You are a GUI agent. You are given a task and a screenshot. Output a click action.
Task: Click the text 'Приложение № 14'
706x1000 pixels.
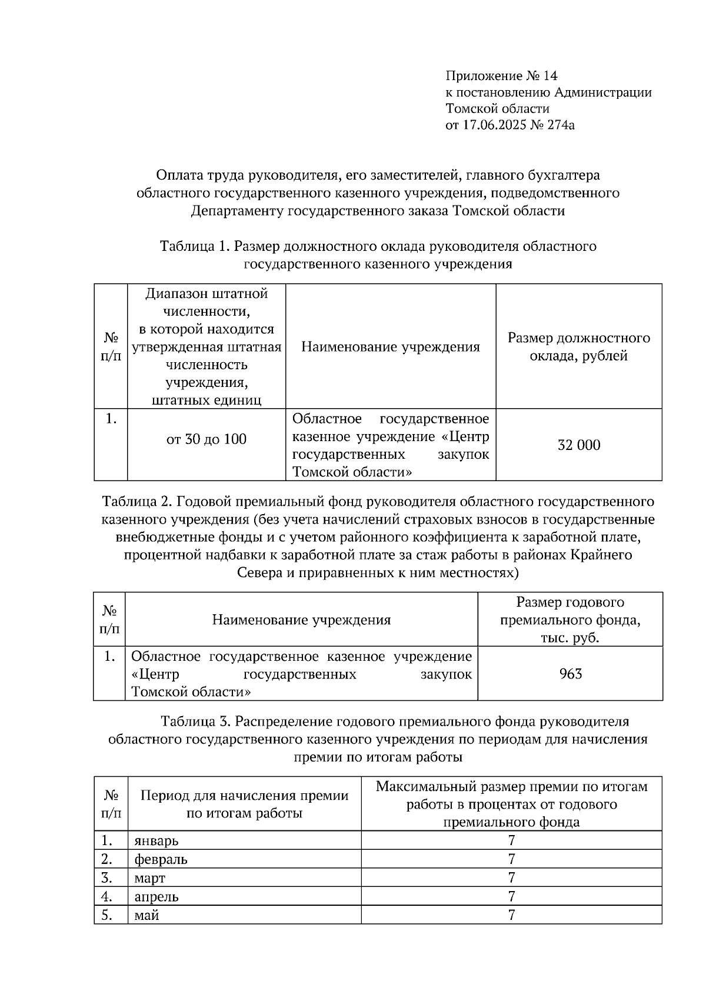[x=501, y=76]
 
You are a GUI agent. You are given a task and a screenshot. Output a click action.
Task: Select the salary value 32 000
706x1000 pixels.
[x=579, y=445]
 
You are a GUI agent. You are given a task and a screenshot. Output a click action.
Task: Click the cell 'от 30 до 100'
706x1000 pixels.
[x=207, y=439]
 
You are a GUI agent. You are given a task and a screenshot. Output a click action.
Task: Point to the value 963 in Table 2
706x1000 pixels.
[x=570, y=674]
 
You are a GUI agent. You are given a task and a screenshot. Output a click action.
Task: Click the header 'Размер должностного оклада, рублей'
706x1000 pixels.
[x=579, y=347]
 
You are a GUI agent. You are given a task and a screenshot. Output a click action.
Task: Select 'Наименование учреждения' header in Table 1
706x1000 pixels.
[x=391, y=347]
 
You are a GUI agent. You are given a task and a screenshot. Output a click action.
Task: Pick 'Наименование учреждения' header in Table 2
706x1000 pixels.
[x=301, y=620]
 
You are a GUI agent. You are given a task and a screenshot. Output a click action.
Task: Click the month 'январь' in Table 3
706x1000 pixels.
[x=156, y=840]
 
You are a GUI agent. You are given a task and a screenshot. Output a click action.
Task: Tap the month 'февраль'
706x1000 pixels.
[x=161, y=859]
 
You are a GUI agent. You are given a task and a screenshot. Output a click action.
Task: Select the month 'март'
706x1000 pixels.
[x=149, y=878]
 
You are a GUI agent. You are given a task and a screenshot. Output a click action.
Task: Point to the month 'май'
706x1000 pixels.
[x=146, y=916]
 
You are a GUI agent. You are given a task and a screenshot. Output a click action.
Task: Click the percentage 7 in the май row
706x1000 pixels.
[x=512, y=916]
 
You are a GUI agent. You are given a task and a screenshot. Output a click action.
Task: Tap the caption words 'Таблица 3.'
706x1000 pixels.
[x=195, y=722]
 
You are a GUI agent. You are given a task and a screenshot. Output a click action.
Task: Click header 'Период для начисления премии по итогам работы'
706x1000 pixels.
[x=244, y=804]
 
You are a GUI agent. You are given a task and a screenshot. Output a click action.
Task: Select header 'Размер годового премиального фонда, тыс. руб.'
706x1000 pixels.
[x=570, y=620]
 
